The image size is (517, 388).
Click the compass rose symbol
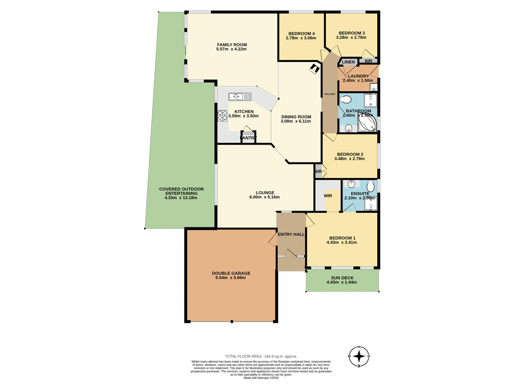(359, 356)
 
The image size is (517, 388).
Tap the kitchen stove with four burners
(222, 116)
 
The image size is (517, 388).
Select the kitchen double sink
(240, 96)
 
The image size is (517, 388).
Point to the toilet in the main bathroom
(345, 100)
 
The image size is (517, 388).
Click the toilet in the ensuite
(371, 186)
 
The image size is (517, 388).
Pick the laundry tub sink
(373, 87)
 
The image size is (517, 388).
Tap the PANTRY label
(248, 138)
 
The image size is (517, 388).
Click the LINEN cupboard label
(348, 62)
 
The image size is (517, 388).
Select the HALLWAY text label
(330, 94)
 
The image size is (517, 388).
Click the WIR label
(328, 196)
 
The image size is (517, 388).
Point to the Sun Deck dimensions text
(342, 282)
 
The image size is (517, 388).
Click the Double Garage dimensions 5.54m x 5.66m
(230, 278)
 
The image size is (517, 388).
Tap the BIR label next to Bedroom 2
(318, 171)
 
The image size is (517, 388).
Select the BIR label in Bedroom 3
(368, 61)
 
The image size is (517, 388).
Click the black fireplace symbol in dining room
(314, 69)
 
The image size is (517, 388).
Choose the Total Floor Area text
(261, 356)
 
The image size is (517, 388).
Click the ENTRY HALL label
(291, 234)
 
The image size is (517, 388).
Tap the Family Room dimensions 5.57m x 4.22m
(231, 49)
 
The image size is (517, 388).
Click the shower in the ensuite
(371, 204)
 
